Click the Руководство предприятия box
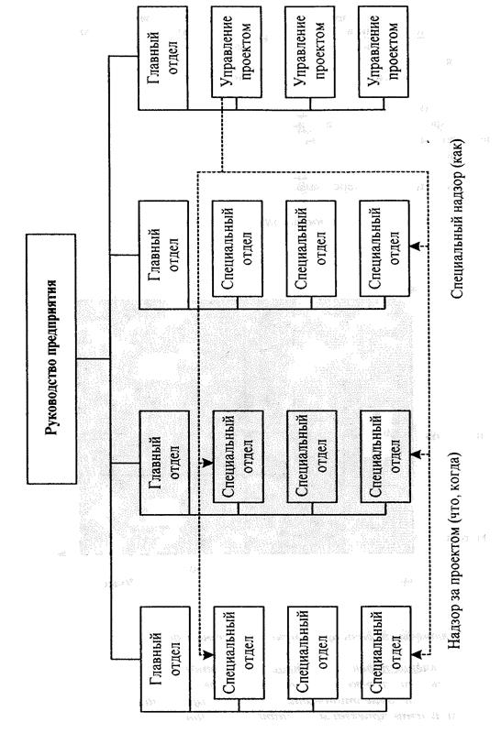tap(51, 358)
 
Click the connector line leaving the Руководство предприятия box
tap(94, 358)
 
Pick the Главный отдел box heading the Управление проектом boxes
tap(163, 58)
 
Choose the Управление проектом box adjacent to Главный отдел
tap(236, 51)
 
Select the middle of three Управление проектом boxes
tap(309, 51)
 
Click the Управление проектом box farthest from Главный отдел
tap(383, 51)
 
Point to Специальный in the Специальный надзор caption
tap(457, 254)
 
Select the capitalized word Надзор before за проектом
tap(457, 626)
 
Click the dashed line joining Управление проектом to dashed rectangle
tap(221, 134)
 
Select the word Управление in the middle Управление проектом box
tap(301, 51)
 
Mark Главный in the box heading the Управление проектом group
tap(154, 58)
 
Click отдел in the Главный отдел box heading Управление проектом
tap(172, 58)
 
